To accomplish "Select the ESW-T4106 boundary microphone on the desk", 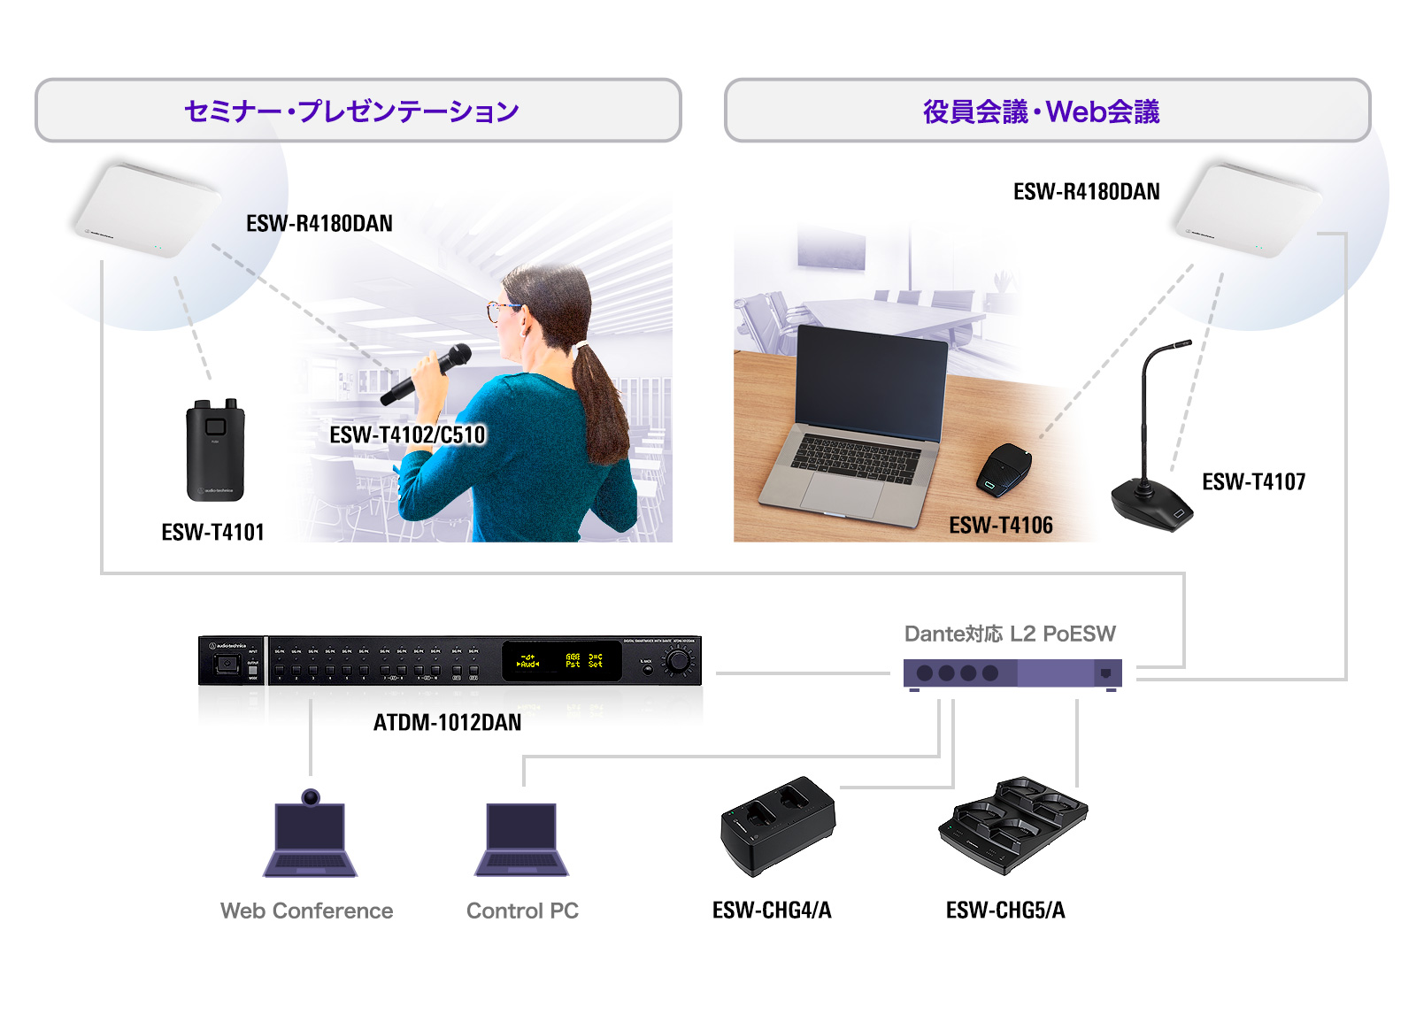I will [x=1004, y=469].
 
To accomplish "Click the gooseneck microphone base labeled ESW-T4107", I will [x=1151, y=503].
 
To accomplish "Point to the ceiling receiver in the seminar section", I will [x=147, y=209].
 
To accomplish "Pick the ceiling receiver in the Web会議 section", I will [x=1248, y=209].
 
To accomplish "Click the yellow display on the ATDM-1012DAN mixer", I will [x=561, y=660].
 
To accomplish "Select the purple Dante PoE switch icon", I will [x=1012, y=673].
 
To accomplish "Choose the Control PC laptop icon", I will [x=522, y=839].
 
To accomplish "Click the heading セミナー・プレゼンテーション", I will [x=351, y=111].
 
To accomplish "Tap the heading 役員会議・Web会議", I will [x=1041, y=111].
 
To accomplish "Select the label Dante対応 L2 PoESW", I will [x=1009, y=634].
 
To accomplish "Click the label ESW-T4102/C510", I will [x=407, y=434].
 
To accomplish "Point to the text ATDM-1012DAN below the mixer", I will [x=447, y=722].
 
